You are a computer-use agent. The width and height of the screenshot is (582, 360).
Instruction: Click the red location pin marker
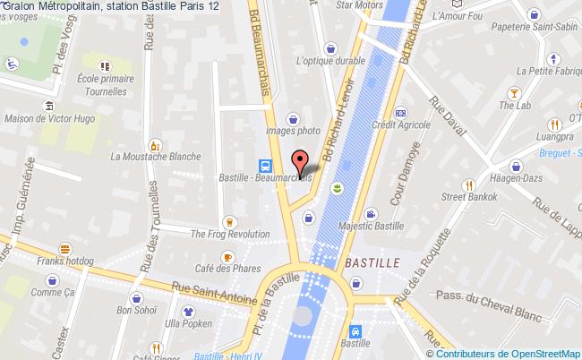[x=302, y=161]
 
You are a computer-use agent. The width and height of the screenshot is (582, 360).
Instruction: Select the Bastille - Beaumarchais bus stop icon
[x=266, y=165]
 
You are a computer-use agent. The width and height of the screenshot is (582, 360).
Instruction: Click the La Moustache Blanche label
[x=155, y=156]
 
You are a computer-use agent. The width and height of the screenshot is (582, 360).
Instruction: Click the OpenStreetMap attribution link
[x=543, y=353]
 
